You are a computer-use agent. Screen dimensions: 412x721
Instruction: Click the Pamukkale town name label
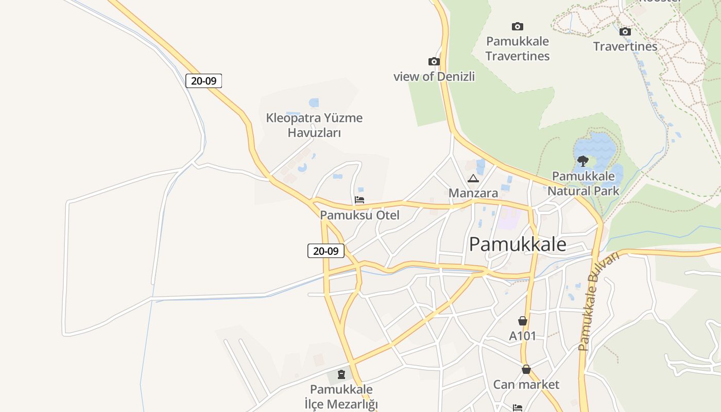(x=518, y=244)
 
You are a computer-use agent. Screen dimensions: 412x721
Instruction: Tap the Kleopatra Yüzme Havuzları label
(x=314, y=125)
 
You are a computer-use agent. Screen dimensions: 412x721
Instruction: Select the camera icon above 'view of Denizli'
(x=434, y=62)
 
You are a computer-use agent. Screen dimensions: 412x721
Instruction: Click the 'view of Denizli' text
(x=434, y=77)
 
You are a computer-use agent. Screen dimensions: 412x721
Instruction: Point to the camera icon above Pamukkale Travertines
(x=518, y=27)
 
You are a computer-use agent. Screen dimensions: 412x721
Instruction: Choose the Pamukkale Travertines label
(x=518, y=48)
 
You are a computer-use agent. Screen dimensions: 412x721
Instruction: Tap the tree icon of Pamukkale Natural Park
(x=583, y=161)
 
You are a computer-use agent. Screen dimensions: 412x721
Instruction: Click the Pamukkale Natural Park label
(x=583, y=183)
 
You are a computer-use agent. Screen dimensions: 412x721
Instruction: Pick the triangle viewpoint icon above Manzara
(x=473, y=179)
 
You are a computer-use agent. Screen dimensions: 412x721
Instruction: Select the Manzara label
(x=473, y=193)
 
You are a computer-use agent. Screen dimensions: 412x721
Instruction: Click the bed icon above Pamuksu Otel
(x=359, y=200)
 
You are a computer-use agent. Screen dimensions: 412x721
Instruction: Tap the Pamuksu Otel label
(x=359, y=215)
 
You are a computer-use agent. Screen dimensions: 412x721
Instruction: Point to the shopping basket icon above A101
(x=523, y=321)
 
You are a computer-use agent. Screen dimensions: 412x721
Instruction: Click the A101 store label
(x=523, y=336)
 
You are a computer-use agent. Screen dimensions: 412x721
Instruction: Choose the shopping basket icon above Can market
(x=526, y=369)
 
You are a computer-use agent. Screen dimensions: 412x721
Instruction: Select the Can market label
(x=526, y=384)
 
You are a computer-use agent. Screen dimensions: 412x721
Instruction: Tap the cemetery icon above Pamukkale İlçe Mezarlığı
(x=341, y=374)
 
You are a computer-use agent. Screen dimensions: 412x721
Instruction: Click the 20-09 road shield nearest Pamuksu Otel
(x=326, y=251)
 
